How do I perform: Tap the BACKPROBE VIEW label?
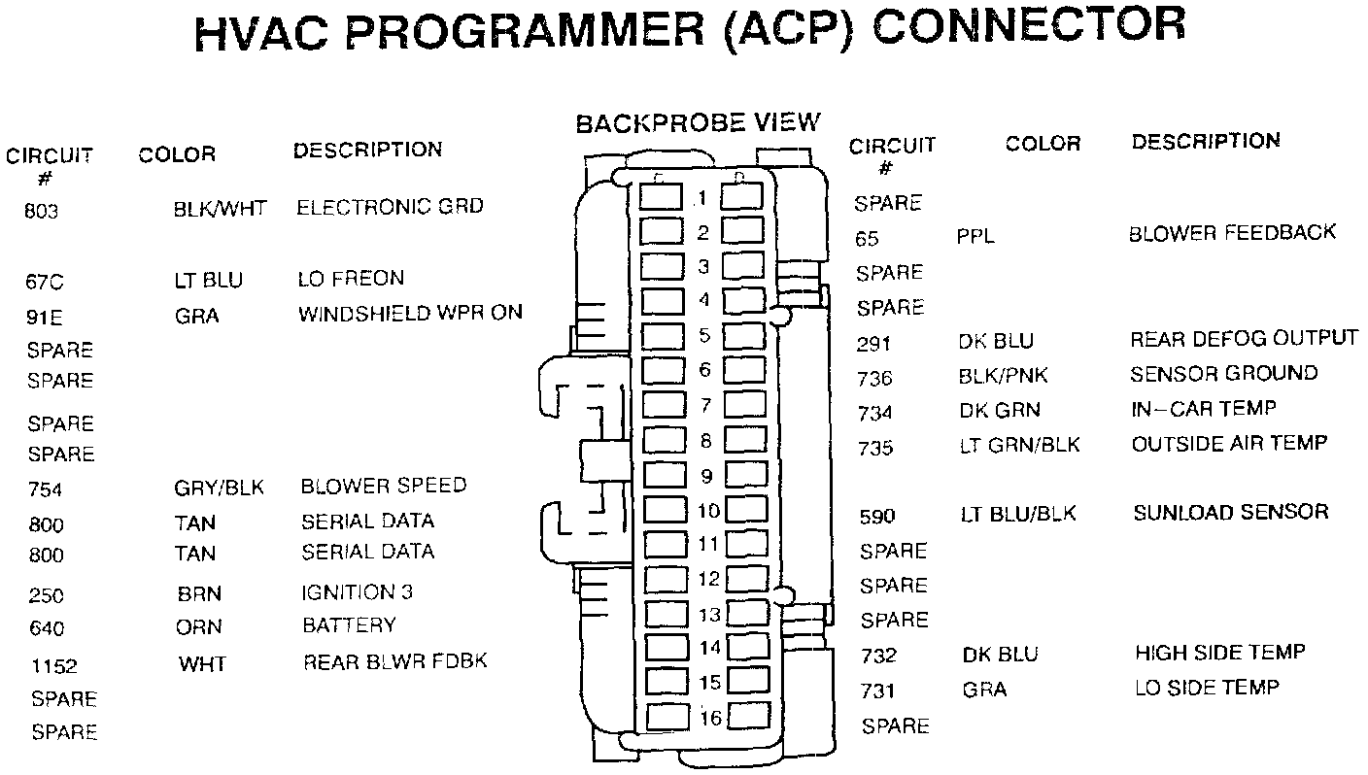pos(698,123)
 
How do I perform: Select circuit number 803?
pos(42,211)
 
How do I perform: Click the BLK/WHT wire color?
pos(219,208)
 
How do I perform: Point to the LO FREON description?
pos(350,279)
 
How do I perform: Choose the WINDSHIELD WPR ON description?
pos(410,313)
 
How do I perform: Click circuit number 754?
pos(46,490)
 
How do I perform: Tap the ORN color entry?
pos(199,627)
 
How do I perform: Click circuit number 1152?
pos(53,666)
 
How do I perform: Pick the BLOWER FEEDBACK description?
pos(1232,233)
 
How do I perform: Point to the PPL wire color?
pos(975,237)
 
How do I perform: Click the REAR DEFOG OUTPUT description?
pos(1244,339)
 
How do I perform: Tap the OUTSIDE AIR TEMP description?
pos(1229,444)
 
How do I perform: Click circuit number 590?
pos(877,517)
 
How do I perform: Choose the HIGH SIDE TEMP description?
pos(1219,653)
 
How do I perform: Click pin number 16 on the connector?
pos(710,718)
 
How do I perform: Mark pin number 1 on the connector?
pos(703,199)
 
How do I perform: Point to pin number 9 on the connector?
pos(706,476)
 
